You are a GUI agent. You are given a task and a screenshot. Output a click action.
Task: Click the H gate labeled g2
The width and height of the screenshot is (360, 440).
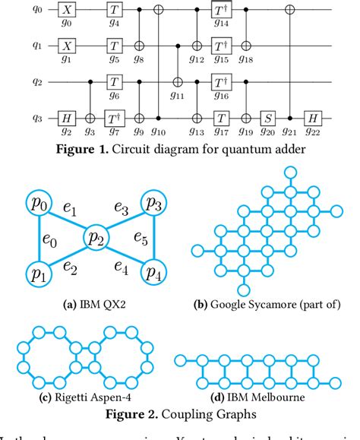coord(66,119)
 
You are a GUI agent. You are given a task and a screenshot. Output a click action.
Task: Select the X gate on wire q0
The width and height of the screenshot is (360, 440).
coord(66,11)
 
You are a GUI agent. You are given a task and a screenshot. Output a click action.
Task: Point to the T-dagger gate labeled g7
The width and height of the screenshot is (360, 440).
coord(112,119)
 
